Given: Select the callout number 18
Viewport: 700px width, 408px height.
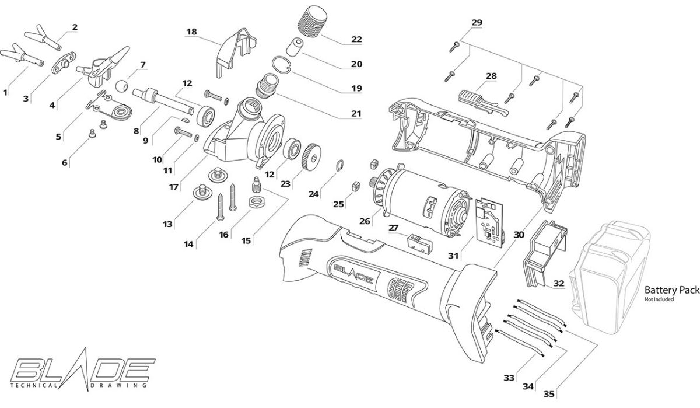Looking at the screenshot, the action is [x=191, y=32].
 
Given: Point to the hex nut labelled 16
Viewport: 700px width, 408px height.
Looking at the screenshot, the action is [x=257, y=203].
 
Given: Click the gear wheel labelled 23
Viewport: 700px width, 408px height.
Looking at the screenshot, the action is [x=311, y=157].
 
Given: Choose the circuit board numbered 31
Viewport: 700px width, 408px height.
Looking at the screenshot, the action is [x=489, y=222].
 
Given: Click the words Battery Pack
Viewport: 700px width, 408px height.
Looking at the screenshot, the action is [x=672, y=290].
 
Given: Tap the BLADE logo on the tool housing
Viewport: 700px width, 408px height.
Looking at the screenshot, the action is [x=353, y=274].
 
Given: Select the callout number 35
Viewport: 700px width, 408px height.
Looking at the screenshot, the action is [x=549, y=394].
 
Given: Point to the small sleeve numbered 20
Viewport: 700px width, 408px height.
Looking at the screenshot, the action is [x=295, y=47].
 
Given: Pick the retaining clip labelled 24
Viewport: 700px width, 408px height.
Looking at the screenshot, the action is [x=340, y=165].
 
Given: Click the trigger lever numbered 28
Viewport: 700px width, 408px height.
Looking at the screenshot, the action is [x=483, y=103].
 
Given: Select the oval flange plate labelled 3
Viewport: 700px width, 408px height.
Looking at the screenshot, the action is [x=64, y=62].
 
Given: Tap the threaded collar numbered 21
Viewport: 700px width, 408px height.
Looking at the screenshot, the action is [x=267, y=85].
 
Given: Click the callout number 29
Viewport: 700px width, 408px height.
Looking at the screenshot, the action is [x=477, y=23].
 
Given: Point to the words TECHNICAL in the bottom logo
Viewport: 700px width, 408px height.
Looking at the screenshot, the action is [x=33, y=385].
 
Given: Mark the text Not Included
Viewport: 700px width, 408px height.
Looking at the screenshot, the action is [x=659, y=299].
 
